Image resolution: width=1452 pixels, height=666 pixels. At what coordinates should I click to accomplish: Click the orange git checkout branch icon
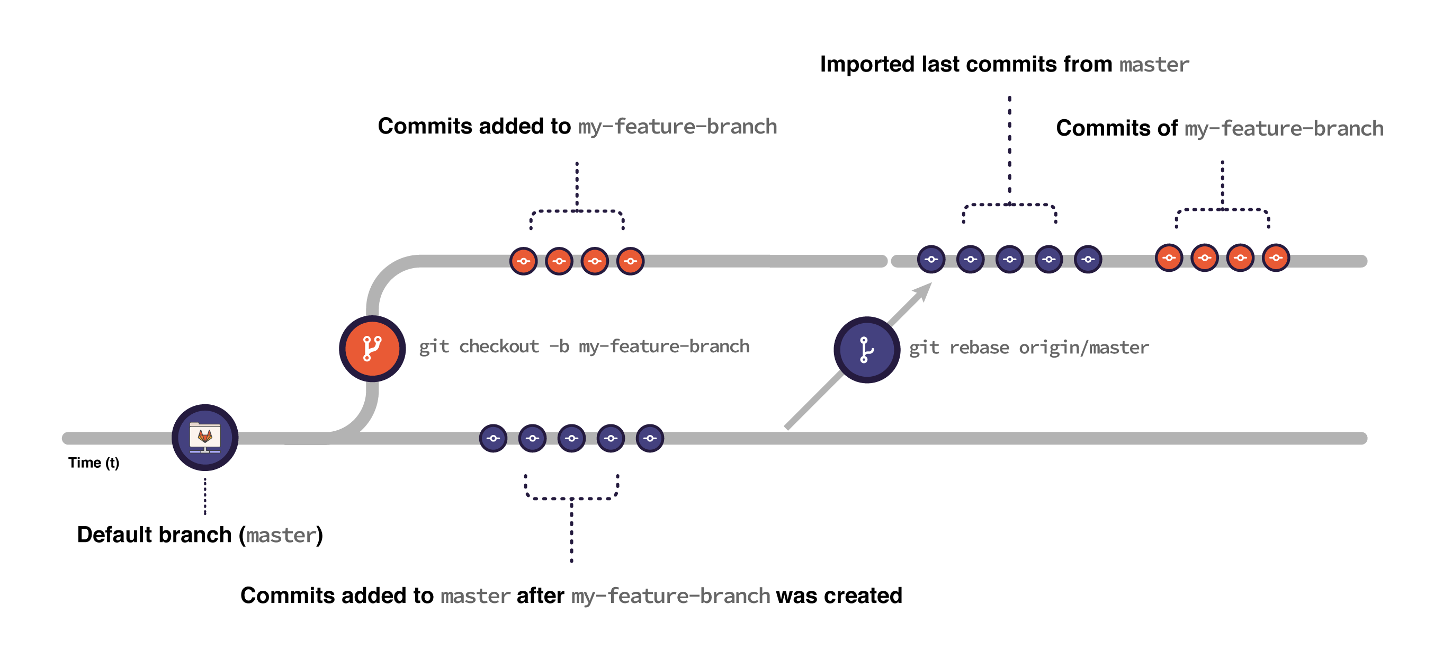[x=372, y=349]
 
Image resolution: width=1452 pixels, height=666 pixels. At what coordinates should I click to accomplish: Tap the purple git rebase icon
[x=866, y=350]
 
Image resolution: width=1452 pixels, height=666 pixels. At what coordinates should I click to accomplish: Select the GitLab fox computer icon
[x=204, y=438]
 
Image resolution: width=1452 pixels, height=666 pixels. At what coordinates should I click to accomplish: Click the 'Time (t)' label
[x=94, y=463]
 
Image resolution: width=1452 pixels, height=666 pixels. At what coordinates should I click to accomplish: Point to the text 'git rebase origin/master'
[x=1029, y=348]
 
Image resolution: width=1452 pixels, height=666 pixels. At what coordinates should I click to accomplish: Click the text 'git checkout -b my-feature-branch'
[x=584, y=347]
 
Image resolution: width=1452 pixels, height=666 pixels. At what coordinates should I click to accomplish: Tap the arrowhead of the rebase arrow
[x=925, y=290]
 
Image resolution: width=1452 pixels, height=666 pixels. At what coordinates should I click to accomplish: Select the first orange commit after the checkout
[x=523, y=261]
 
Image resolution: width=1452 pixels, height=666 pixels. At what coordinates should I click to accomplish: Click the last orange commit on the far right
[x=1276, y=258]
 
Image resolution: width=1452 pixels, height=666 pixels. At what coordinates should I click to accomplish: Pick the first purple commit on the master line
[x=493, y=438]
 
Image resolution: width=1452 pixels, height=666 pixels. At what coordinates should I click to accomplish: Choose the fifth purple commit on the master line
[x=650, y=438]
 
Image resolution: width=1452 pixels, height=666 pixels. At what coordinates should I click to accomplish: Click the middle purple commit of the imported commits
[x=1009, y=260]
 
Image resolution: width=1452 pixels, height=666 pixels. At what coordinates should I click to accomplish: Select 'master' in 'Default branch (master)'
[x=281, y=535]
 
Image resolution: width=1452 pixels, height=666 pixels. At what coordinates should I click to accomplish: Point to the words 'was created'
[x=839, y=596]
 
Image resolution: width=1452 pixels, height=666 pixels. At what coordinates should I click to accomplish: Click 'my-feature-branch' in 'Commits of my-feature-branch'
[x=1284, y=129]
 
